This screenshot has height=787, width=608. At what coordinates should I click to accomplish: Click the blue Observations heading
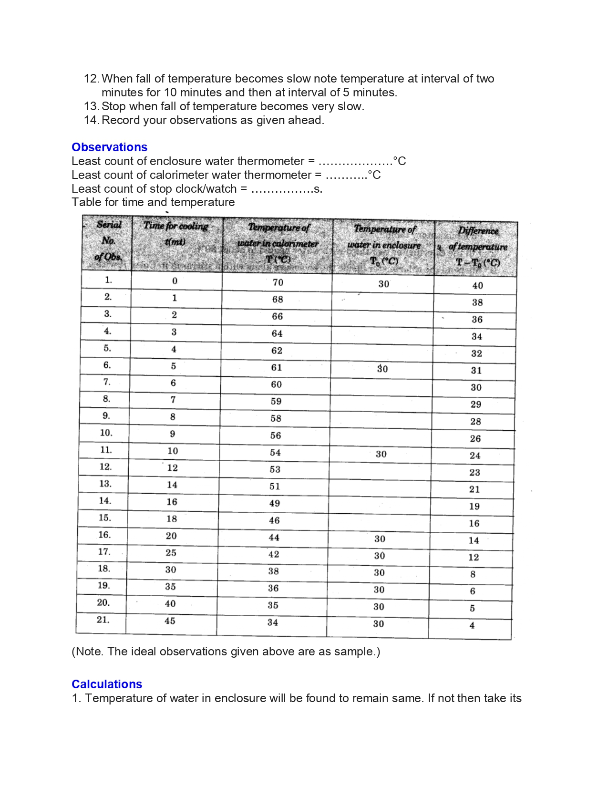[109, 147]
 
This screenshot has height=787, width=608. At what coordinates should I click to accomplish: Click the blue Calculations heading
[107, 684]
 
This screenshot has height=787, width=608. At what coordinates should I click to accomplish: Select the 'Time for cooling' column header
[176, 233]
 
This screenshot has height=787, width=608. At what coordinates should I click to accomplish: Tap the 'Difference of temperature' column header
[478, 247]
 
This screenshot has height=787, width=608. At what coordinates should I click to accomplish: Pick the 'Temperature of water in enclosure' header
[384, 245]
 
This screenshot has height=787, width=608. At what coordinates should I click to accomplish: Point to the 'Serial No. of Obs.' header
[108, 240]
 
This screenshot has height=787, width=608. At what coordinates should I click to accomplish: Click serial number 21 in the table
[103, 620]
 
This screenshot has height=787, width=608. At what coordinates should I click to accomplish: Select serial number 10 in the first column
[106, 433]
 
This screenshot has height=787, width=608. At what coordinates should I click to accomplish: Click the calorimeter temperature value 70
[278, 282]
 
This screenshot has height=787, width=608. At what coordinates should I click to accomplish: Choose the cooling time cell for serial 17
[171, 553]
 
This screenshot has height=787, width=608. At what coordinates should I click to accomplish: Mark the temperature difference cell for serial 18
[473, 574]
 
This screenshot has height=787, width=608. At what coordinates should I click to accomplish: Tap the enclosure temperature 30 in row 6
[382, 369]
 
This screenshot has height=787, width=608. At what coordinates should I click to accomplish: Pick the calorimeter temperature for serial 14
[275, 503]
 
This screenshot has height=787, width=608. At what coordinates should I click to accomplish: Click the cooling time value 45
[170, 621]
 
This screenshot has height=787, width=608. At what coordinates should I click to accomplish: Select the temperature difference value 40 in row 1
[477, 286]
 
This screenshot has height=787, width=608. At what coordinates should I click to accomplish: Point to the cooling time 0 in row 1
[175, 281]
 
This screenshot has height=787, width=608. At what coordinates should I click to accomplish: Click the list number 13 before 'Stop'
[91, 106]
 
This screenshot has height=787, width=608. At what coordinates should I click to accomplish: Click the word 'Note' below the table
[89, 652]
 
